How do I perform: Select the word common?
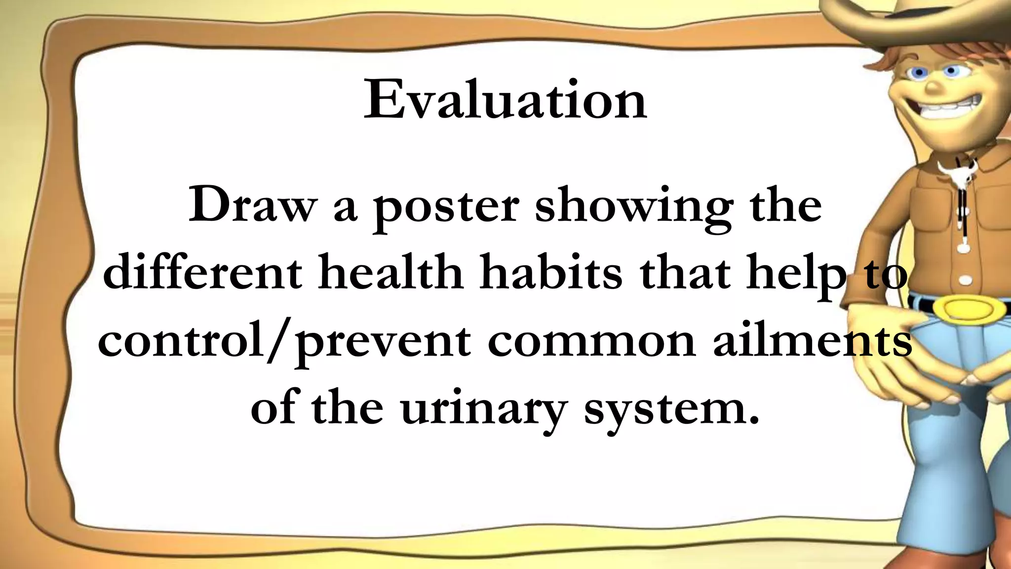592,342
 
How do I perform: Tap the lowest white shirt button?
966,281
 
